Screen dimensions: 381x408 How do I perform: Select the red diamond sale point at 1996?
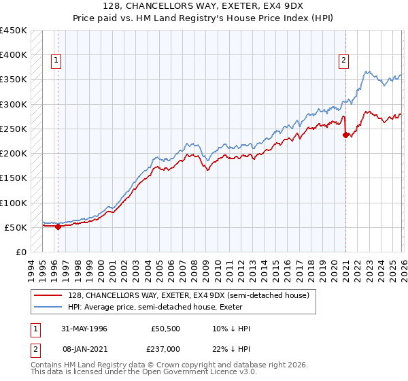[58, 227]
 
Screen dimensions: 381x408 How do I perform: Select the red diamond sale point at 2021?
[345, 135]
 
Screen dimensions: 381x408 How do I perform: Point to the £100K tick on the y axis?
[14, 203]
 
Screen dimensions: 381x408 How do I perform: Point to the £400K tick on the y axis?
[14, 55]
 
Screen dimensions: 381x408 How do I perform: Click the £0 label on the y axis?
[20, 252]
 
